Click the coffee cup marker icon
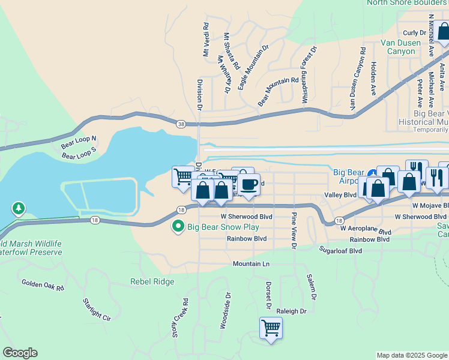click(x=249, y=184)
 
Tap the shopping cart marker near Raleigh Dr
click(x=271, y=328)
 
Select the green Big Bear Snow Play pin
click(x=178, y=227)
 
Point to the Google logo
click(x=20, y=353)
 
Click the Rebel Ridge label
click(x=152, y=281)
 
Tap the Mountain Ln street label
click(x=252, y=264)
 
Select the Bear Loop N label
click(x=79, y=143)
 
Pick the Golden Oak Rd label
click(x=43, y=284)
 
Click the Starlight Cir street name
click(x=97, y=309)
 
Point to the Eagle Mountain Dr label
click(x=253, y=66)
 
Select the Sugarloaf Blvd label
click(x=340, y=250)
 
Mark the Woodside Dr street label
click(x=225, y=310)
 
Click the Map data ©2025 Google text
click(x=411, y=355)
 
